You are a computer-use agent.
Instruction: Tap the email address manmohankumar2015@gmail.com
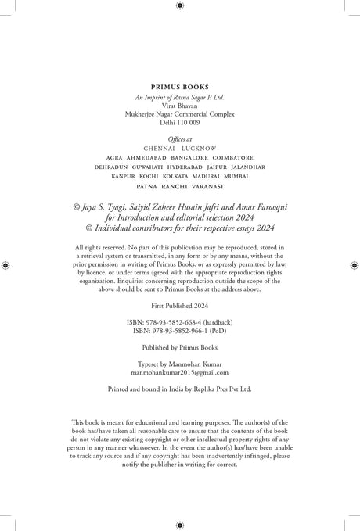point(180,374)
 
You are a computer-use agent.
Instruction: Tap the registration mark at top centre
point(180,5)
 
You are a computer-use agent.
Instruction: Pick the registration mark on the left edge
point(5,266)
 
